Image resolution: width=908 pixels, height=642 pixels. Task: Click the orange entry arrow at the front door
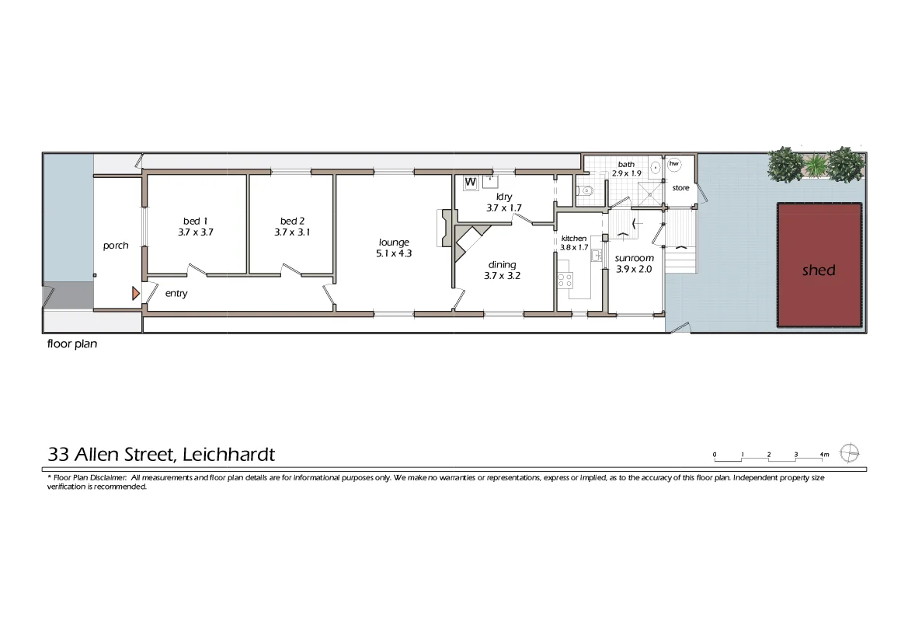pyautogui.click(x=135, y=293)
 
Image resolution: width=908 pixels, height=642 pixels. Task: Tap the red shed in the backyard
pyautogui.click(x=819, y=265)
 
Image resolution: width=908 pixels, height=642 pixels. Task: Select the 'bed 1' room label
pyautogui.click(x=190, y=221)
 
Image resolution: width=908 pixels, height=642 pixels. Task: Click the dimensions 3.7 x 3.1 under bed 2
pyautogui.click(x=292, y=232)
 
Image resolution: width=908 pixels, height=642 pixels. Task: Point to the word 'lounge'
pyautogui.click(x=394, y=242)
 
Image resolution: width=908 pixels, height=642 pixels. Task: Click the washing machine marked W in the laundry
pyautogui.click(x=470, y=183)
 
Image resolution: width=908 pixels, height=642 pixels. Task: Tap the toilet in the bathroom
pyautogui.click(x=587, y=190)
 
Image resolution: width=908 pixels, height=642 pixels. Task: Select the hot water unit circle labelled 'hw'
pyautogui.click(x=673, y=164)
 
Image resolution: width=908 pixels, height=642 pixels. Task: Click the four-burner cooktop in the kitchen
pyautogui.click(x=565, y=281)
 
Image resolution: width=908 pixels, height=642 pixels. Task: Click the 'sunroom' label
pyautogui.click(x=635, y=258)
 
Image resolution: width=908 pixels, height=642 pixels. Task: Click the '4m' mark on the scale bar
pyautogui.click(x=823, y=454)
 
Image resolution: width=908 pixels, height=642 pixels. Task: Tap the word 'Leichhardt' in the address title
pyautogui.click(x=228, y=455)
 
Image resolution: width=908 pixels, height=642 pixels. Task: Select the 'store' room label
pyautogui.click(x=680, y=188)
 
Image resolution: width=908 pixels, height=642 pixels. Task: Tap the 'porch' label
pyautogui.click(x=116, y=246)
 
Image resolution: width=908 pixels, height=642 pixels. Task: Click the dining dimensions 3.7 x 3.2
pyautogui.click(x=502, y=275)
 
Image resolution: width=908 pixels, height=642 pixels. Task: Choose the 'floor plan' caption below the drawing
pyautogui.click(x=72, y=344)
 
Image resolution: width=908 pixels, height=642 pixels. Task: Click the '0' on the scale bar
pyautogui.click(x=714, y=454)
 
